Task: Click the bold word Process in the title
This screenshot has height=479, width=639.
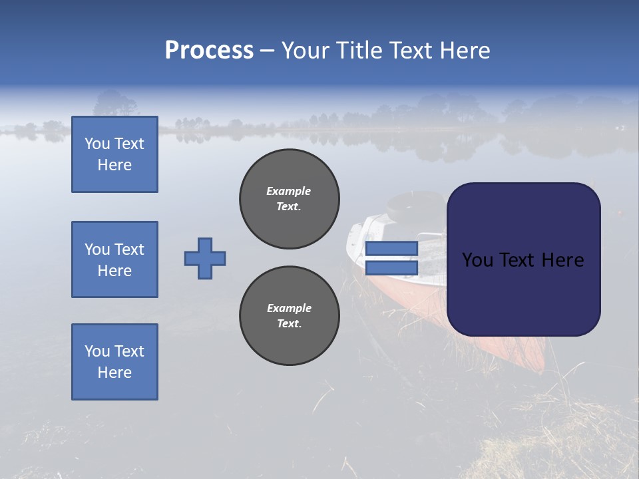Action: [209, 51]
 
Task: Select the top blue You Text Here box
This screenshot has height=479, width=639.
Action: [114, 154]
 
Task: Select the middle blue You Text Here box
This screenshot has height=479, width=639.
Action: [114, 259]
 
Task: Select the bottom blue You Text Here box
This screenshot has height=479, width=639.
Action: [114, 362]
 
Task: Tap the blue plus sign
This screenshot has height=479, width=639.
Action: [205, 258]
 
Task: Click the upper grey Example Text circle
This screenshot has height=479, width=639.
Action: [290, 199]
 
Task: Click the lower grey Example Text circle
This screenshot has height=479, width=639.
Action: [290, 316]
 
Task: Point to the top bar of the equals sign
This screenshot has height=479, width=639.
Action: [391, 249]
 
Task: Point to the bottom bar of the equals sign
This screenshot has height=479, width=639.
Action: [391, 268]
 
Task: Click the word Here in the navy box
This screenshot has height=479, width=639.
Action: [563, 260]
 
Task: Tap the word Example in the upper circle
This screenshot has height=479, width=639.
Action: [288, 191]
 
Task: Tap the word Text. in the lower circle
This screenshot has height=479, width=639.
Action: [289, 324]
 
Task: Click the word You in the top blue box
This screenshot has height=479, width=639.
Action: [97, 144]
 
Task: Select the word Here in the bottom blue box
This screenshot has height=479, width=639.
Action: [114, 373]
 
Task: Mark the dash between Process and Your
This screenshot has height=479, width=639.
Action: [268, 51]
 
